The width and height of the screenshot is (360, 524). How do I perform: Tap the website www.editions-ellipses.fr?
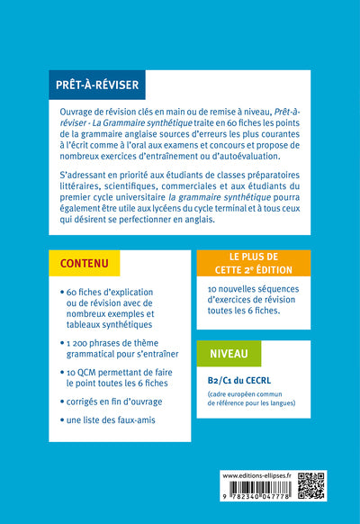tap(258, 474)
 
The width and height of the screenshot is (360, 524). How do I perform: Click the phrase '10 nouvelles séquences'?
tap(241, 290)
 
